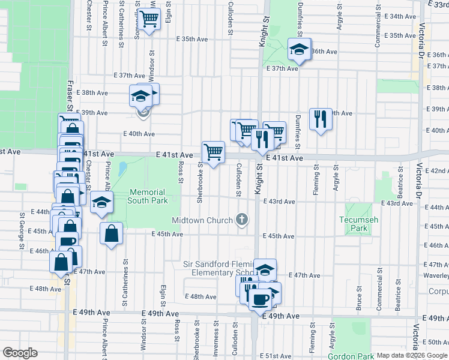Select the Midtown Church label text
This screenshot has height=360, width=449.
[x=202, y=220]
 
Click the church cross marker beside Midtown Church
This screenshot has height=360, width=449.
[x=242, y=220]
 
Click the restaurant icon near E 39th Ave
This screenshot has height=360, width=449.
[x=321, y=119]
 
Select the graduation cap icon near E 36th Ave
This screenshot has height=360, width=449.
[x=298, y=50]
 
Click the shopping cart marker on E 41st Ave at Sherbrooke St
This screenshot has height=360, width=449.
[x=213, y=152]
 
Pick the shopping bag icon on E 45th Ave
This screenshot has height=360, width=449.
[x=112, y=233]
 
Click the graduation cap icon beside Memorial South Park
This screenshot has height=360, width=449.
[x=102, y=202]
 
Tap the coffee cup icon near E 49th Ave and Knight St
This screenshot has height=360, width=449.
[x=260, y=299]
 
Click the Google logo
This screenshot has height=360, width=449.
[x=20, y=353]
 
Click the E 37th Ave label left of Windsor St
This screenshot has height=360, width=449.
[x=130, y=76]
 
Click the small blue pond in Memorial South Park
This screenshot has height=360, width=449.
[x=122, y=170]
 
